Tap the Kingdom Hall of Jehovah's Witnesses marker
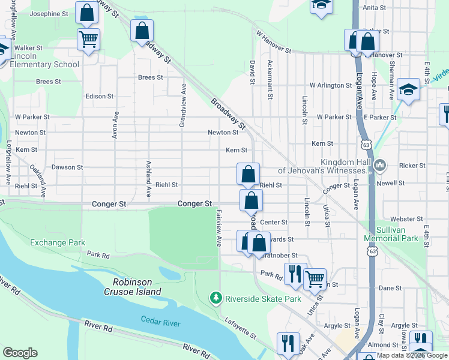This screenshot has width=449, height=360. pyautogui.click(x=379, y=164)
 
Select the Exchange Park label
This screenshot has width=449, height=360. pyautogui.click(x=55, y=242)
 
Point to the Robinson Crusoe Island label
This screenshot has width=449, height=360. pyautogui.click(x=137, y=287)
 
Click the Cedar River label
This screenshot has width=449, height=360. pyautogui.click(x=160, y=323)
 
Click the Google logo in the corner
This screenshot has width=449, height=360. pyautogui.click(x=20, y=353)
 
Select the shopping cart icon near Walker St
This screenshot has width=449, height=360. pyautogui.click(x=88, y=39)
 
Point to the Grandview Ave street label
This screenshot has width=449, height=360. pyautogui.click(x=183, y=105)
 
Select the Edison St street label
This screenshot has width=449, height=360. pyautogui.click(x=100, y=96)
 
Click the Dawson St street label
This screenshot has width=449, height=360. pyautogui.click(x=67, y=167)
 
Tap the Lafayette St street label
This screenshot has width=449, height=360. pyautogui.click(x=241, y=329)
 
